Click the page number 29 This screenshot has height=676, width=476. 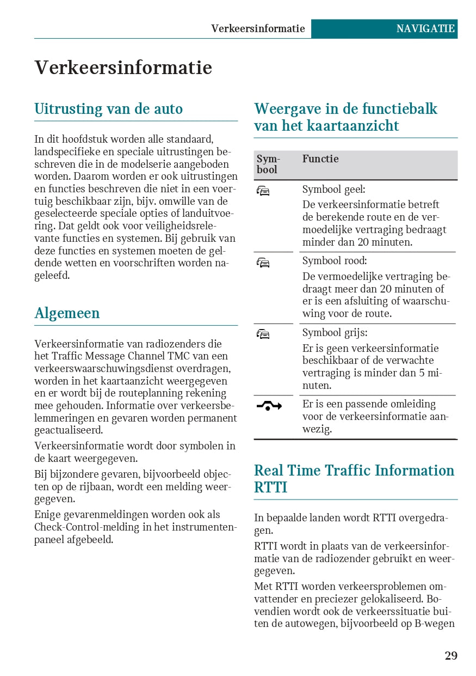click(x=451, y=656)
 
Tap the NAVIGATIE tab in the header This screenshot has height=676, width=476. click(x=425, y=29)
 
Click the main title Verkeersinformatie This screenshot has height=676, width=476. click(x=123, y=68)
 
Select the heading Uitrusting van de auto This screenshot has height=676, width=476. click(x=108, y=109)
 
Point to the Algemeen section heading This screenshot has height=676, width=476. click(x=67, y=313)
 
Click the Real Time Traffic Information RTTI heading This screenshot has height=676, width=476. click(x=354, y=478)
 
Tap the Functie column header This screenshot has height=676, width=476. click(x=320, y=159)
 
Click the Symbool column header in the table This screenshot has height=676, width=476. click(x=267, y=164)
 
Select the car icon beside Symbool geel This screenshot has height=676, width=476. click(x=263, y=191)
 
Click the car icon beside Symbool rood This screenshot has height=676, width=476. click(x=263, y=263)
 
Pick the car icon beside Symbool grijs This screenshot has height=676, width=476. click(x=263, y=334)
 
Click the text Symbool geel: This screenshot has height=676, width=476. click(x=333, y=190)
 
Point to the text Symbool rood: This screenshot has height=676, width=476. click(x=335, y=261)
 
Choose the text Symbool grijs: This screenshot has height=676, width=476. click(x=335, y=333)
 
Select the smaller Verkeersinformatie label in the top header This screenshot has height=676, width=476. click(x=258, y=29)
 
